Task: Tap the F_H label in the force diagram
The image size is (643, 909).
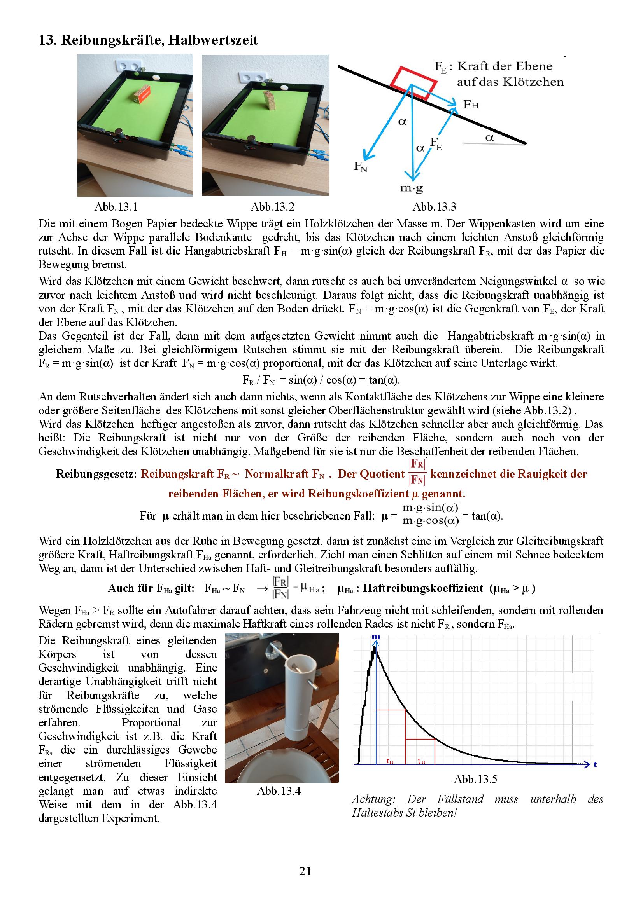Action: pyautogui.click(x=471, y=105)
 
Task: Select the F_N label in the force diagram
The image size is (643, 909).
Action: pyautogui.click(x=361, y=167)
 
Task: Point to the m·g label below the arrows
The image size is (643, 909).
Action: pyautogui.click(x=412, y=188)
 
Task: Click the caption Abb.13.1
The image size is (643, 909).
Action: pyautogui.click(x=116, y=207)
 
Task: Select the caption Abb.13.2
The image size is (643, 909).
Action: pyautogui.click(x=273, y=207)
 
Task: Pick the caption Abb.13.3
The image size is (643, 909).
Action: pyautogui.click(x=434, y=207)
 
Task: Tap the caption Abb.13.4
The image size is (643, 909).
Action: pyautogui.click(x=279, y=791)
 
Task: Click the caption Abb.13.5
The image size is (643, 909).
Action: pyautogui.click(x=475, y=779)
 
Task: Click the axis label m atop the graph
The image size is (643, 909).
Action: pyautogui.click(x=376, y=637)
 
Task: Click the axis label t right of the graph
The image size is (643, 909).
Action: pyautogui.click(x=595, y=764)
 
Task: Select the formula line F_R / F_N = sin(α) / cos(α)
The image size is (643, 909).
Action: pyautogui.click(x=321, y=380)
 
